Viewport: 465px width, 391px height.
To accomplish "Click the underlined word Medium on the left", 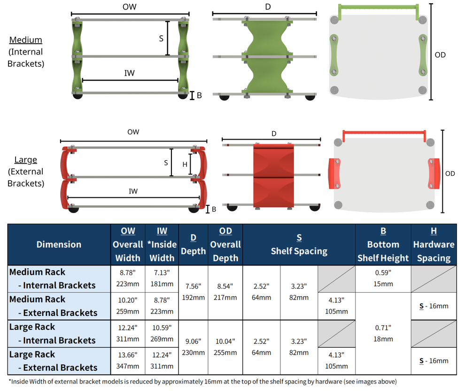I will coord(26,40).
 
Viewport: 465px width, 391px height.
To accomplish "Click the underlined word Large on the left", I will coord(26,160).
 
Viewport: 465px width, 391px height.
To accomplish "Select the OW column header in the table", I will coord(128,244).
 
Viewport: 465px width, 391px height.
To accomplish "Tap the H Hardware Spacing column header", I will coord(434,244).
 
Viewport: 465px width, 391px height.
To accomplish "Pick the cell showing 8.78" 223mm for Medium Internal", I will coord(128,279).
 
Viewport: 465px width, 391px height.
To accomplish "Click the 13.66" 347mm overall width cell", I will coord(128,361).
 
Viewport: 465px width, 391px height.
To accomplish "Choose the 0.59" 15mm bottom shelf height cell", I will coord(383,279).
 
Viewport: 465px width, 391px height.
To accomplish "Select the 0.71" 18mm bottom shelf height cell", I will coord(383,333).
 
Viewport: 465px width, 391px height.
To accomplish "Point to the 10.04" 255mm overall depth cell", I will coord(225,347).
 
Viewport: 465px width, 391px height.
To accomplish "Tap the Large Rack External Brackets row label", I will coord(53,361).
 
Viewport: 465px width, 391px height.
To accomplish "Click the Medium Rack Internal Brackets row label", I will coord(52,279).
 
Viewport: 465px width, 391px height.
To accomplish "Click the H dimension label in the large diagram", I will coord(185,164).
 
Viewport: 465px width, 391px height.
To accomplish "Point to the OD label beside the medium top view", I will coord(440,55).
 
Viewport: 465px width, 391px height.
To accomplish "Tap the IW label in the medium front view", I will coord(130,73).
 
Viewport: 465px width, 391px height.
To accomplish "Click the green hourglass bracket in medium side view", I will coord(266,56).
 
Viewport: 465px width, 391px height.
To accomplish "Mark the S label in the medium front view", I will coord(161,39).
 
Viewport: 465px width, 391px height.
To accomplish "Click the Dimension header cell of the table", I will coord(59,244).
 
